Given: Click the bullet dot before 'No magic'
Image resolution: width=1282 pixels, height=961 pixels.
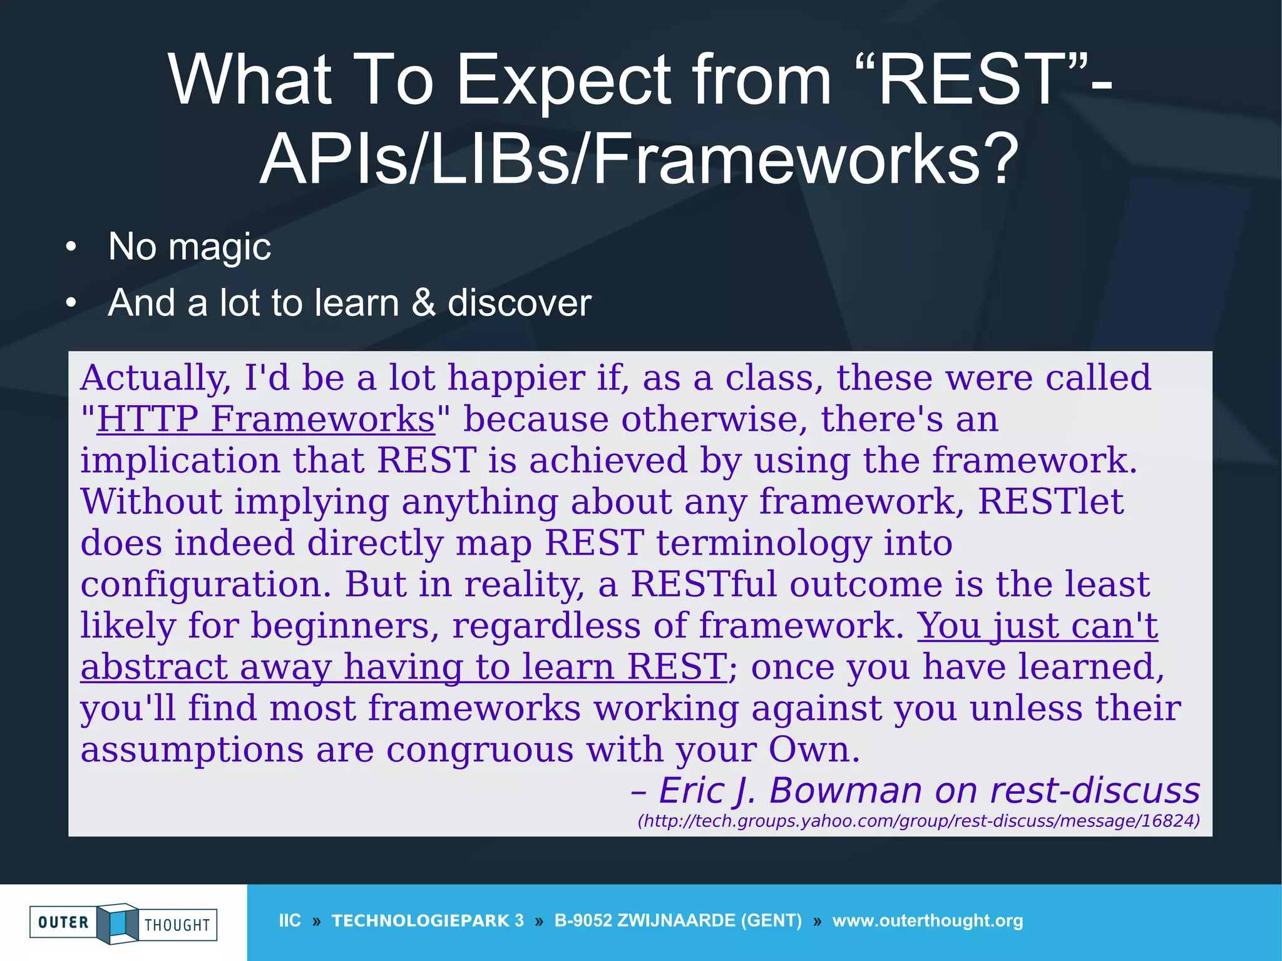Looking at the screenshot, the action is (x=71, y=247).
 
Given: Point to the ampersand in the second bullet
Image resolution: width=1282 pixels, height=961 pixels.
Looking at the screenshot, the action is (x=423, y=302).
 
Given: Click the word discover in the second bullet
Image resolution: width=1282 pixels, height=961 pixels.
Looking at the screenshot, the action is (x=519, y=302).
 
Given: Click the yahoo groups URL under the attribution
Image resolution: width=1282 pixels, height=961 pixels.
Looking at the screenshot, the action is (x=918, y=821).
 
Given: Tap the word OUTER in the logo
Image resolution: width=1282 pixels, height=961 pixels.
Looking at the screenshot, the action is (x=63, y=922).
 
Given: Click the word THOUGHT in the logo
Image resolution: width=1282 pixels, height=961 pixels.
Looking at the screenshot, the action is (x=177, y=925).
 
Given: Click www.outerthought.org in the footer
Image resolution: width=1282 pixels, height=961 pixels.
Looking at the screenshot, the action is (x=928, y=920).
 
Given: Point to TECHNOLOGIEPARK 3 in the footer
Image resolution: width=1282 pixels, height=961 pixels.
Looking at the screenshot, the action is (x=428, y=920).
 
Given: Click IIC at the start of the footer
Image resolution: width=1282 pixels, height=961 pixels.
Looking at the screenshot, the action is (x=290, y=920).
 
